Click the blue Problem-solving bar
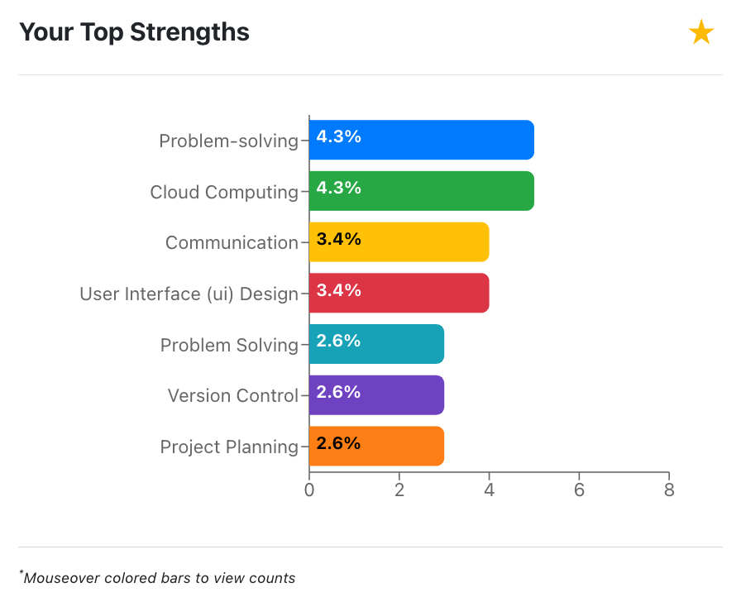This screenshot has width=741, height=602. [x=422, y=140]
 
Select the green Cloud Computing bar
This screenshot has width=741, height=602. [x=422, y=191]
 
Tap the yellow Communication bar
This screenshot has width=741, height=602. [x=399, y=241]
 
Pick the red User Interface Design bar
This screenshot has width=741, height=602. [x=399, y=293]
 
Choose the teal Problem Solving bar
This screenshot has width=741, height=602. [x=376, y=344]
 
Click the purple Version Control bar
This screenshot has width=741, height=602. [x=376, y=395]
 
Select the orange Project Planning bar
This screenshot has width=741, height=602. [x=376, y=447]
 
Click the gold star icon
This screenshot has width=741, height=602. [x=700, y=33]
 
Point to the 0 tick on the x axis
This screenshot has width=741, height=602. [x=309, y=490]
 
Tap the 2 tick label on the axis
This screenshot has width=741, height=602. [x=399, y=490]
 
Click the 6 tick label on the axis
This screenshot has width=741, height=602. [x=579, y=490]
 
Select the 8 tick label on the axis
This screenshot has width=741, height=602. [x=669, y=490]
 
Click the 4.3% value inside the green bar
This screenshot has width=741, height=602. [x=339, y=188]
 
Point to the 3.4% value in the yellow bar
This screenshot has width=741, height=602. [x=339, y=239]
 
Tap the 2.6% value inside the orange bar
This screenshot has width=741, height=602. [x=339, y=443]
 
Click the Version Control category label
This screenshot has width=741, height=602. [x=232, y=395]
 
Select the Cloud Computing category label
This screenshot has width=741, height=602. [x=224, y=192]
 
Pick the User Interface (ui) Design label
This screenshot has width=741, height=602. [x=189, y=294]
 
